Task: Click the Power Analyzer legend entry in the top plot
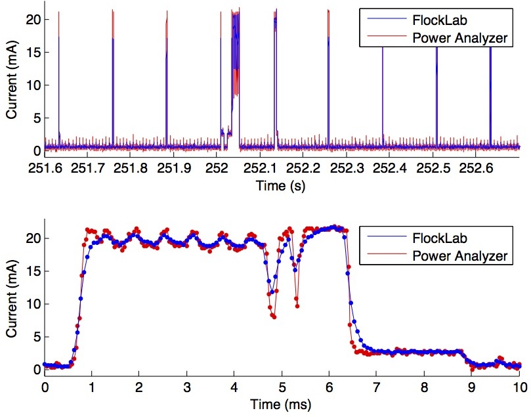click(459, 37)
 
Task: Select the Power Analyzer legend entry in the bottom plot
click(459, 253)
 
